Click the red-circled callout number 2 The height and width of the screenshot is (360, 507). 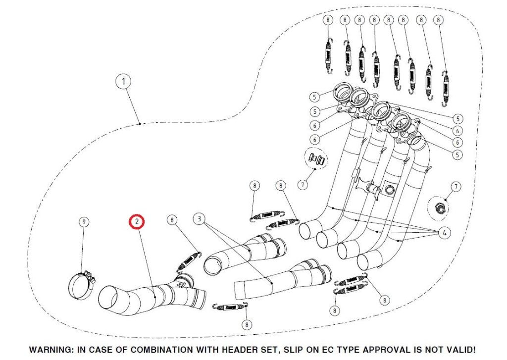(x=136, y=222)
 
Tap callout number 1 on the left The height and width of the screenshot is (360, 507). (x=123, y=82)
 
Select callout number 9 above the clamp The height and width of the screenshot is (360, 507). (x=84, y=221)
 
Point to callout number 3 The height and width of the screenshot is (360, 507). (x=199, y=218)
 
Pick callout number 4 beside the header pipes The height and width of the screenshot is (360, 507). (x=444, y=233)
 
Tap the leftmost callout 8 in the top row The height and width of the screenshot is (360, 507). (x=328, y=20)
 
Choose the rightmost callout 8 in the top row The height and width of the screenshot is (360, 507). (x=438, y=20)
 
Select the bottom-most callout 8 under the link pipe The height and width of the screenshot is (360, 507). (x=247, y=325)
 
